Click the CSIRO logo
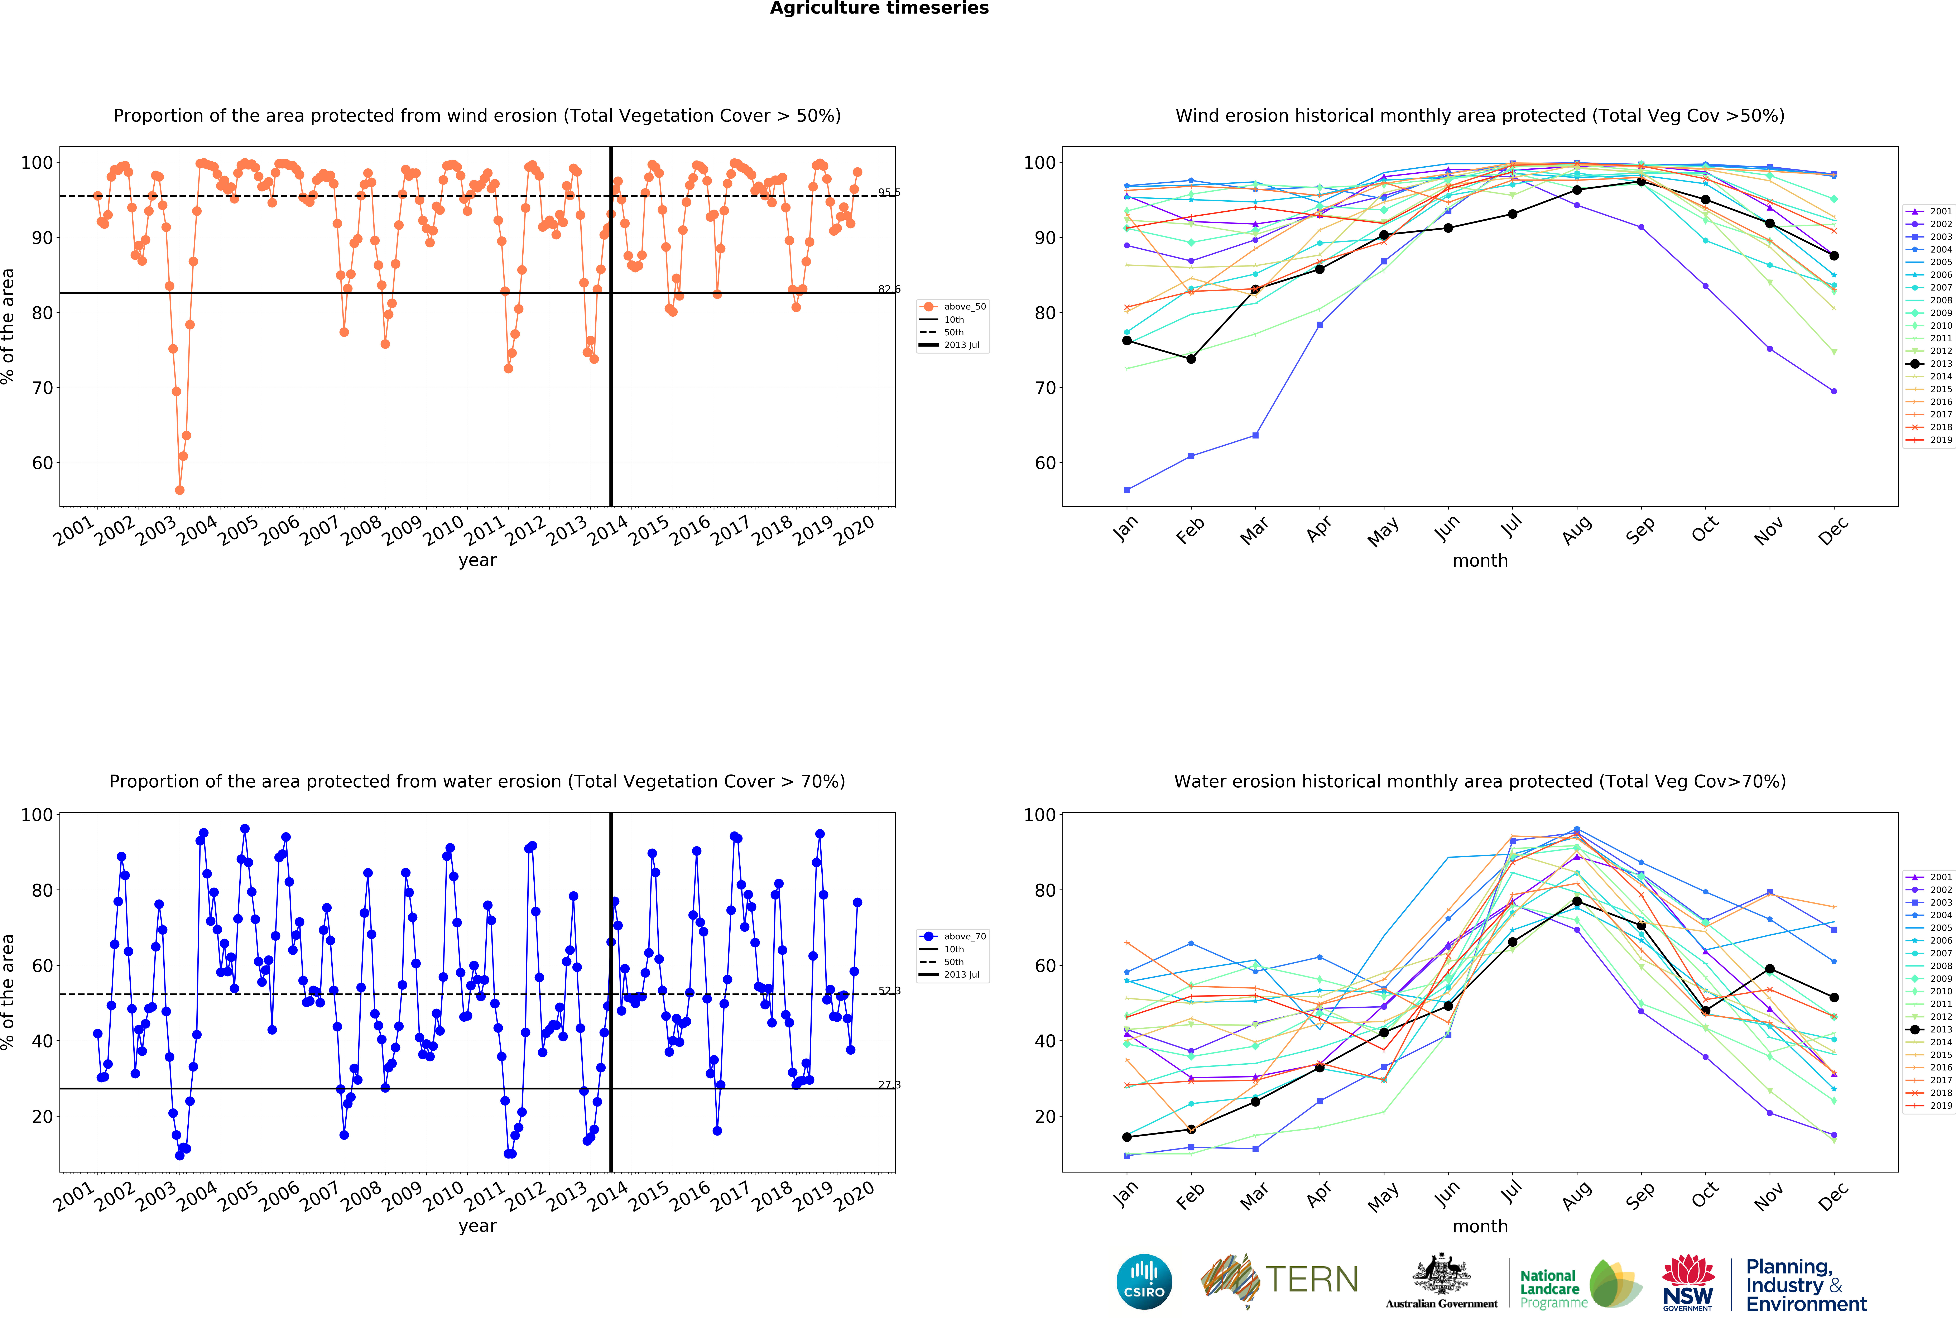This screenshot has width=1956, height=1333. click(x=1144, y=1282)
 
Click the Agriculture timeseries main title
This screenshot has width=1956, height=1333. click(x=879, y=8)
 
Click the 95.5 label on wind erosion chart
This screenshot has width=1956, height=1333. click(x=889, y=193)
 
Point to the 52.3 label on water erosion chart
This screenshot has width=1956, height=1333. click(x=889, y=991)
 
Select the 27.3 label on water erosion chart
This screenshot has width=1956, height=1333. click(x=889, y=1085)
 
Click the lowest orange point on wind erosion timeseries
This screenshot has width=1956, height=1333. click(x=179, y=490)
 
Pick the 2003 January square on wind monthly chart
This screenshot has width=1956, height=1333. click(x=1127, y=490)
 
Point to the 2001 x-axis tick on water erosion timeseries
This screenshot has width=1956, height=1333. click(x=74, y=1197)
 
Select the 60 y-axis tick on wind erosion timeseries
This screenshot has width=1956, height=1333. click(x=42, y=463)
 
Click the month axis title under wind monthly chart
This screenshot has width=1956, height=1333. click(x=1480, y=560)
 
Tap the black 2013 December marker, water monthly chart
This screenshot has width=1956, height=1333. click(x=1834, y=997)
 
